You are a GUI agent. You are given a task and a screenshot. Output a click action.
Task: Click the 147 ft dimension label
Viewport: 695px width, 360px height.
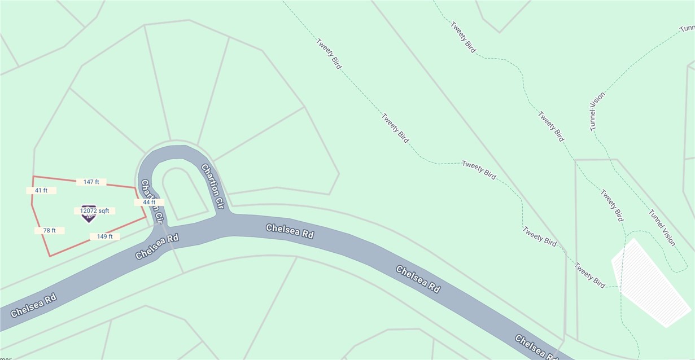click(x=91, y=182)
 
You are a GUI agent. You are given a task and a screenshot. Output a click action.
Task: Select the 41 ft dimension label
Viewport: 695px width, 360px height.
click(x=41, y=191)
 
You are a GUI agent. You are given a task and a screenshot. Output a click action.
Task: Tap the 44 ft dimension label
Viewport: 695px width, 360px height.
click(x=149, y=202)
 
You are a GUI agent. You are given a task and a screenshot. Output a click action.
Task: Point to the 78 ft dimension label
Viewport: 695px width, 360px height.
click(x=50, y=230)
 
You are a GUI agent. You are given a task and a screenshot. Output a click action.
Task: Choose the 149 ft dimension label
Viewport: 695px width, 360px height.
click(x=105, y=236)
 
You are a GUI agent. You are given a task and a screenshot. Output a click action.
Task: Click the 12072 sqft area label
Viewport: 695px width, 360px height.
click(x=94, y=210)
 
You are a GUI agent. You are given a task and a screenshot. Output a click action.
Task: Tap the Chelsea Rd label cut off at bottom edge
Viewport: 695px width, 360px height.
click(x=536, y=347)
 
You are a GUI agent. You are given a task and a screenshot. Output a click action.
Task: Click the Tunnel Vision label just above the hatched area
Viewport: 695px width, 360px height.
click(x=662, y=227)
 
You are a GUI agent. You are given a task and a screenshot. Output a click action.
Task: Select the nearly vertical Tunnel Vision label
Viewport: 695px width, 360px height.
click(x=597, y=111)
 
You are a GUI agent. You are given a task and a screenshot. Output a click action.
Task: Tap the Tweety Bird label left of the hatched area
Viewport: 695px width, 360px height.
click(x=590, y=276)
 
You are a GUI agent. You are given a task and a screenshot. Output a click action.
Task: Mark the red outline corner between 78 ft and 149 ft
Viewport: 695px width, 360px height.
click(x=50, y=256)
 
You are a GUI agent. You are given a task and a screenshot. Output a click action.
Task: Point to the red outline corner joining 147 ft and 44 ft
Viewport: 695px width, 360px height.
click(x=135, y=187)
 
